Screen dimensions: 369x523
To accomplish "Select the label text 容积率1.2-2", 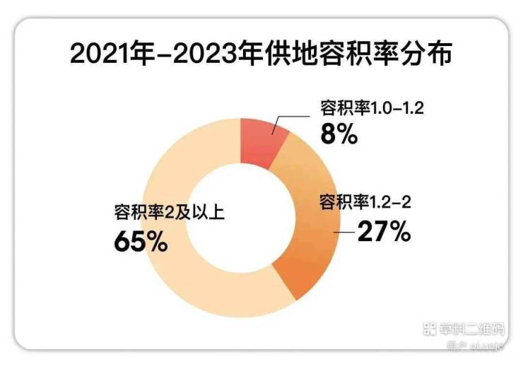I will click(365, 204).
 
